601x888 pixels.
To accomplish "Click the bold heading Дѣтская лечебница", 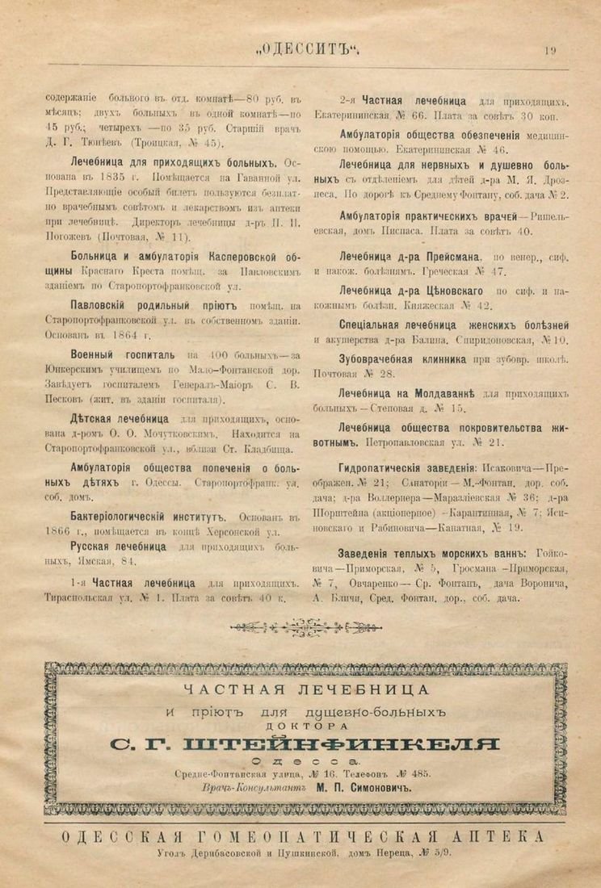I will pos(120,419).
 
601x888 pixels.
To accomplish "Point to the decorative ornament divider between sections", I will pos(300,625).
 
